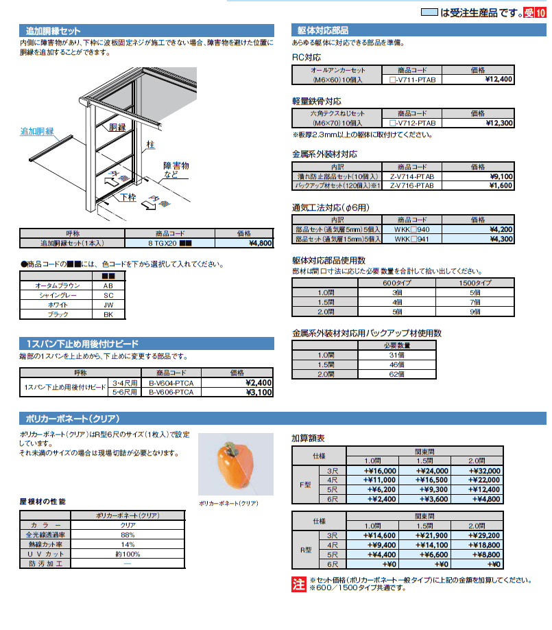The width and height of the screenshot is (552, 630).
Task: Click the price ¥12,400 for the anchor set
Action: [498, 80]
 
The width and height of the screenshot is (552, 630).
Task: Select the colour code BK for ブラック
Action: [108, 314]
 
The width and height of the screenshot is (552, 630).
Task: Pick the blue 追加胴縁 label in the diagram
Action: [37, 130]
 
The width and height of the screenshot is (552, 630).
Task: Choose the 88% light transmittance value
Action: [127, 534]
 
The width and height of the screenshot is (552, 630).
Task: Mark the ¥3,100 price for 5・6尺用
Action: [259, 393]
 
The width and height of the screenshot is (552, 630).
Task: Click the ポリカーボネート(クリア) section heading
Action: [71, 419]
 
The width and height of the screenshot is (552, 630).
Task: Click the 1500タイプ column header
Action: [474, 283]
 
